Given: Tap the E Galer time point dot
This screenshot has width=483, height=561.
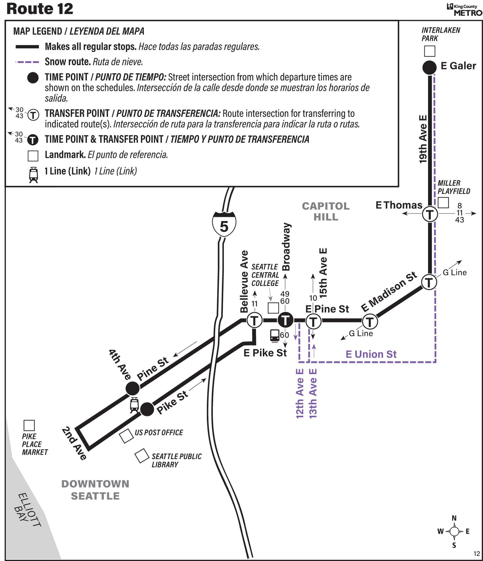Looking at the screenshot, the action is [x=429, y=67].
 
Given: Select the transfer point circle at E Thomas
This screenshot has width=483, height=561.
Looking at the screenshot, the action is [x=430, y=214].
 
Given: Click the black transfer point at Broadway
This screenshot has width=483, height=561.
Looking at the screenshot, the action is [x=285, y=320].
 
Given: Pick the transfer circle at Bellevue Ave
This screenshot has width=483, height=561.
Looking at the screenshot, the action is [x=254, y=320].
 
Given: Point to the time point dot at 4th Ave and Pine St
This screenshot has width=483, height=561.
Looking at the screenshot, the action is [x=133, y=388].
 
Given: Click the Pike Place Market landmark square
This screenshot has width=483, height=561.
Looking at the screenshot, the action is [x=29, y=425].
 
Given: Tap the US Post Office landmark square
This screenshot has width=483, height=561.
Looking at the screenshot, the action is [x=126, y=436].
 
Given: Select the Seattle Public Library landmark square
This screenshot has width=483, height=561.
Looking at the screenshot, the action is [x=142, y=456].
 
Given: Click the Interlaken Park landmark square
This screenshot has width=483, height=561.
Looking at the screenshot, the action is [x=430, y=51].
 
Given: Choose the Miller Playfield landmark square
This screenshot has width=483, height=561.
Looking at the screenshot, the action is [x=443, y=202].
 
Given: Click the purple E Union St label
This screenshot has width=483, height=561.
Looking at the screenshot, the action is [x=371, y=354].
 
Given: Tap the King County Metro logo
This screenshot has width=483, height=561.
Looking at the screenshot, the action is [x=464, y=10].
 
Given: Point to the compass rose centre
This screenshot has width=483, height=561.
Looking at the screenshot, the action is [x=454, y=531].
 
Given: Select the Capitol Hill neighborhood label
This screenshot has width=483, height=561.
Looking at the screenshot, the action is [x=326, y=212].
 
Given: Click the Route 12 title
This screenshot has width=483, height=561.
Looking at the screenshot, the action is [x=40, y=9].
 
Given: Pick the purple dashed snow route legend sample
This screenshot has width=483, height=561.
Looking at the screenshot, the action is [x=27, y=62].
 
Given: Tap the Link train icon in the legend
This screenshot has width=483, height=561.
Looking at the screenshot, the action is [x=33, y=175].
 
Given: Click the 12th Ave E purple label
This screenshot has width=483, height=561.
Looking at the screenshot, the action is [x=299, y=394].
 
